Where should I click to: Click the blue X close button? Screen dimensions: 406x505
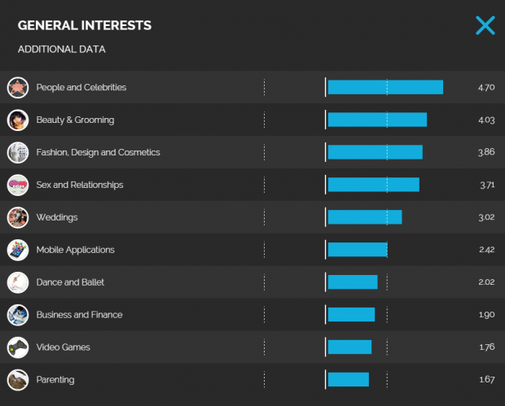[x=485, y=25]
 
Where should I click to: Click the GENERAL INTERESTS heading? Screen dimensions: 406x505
[x=85, y=25]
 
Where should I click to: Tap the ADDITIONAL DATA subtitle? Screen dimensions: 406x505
[x=62, y=50]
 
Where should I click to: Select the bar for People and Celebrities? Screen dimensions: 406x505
[x=385, y=87]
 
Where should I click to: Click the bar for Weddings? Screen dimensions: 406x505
[x=365, y=217]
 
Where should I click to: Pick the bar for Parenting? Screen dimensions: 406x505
[x=349, y=379]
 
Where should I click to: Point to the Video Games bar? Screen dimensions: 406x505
[x=349, y=347]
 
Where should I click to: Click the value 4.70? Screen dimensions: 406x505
[x=486, y=87]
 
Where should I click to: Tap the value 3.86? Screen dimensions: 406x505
[x=486, y=152]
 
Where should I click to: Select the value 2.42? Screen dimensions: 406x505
[x=486, y=250]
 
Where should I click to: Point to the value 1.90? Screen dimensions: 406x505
[x=486, y=315]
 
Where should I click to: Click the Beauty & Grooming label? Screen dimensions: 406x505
[x=75, y=120]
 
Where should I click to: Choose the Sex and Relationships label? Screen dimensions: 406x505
[x=80, y=185]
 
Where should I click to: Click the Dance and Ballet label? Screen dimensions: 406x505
[x=70, y=282]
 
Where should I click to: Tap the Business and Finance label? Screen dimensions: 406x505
[x=79, y=315]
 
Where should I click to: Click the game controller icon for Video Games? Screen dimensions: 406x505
[x=18, y=347]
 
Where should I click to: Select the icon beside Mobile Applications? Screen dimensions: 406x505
[x=18, y=250]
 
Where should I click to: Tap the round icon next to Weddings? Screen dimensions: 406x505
[x=18, y=217]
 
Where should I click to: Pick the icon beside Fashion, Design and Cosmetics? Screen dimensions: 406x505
[x=18, y=152]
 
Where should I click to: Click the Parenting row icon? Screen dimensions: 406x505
[x=18, y=379]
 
